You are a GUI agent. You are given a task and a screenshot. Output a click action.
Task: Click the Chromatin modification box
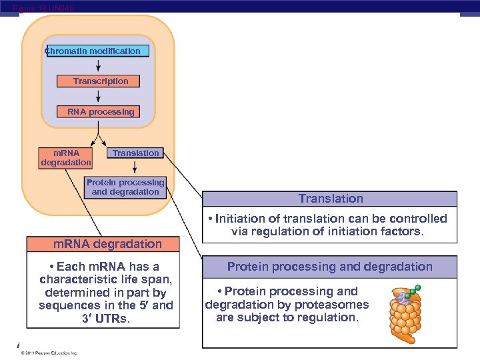(x=97, y=51)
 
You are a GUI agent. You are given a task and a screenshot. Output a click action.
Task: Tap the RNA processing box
(x=101, y=112)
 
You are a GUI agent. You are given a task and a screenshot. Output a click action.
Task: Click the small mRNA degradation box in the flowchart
(x=65, y=157)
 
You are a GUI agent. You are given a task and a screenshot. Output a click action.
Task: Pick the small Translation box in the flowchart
(x=135, y=153)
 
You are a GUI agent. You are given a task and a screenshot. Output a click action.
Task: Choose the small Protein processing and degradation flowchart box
(x=125, y=187)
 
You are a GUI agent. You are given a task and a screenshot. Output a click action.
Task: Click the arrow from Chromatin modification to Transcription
(x=99, y=66)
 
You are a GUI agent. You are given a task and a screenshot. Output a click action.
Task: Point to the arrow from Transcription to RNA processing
(x=99, y=96)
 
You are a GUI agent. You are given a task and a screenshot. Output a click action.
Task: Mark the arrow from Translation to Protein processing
(x=135, y=167)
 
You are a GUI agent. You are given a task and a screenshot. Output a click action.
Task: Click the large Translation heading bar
(x=330, y=199)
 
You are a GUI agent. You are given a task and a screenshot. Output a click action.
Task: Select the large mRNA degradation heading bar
(x=103, y=244)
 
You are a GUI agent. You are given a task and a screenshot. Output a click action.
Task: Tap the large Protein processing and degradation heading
(x=330, y=267)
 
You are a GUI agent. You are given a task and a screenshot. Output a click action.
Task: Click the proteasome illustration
(x=405, y=309)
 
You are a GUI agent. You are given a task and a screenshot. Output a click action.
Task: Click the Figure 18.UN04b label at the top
(x=43, y=8)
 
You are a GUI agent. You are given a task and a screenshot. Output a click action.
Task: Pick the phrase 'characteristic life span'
(x=106, y=279)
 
